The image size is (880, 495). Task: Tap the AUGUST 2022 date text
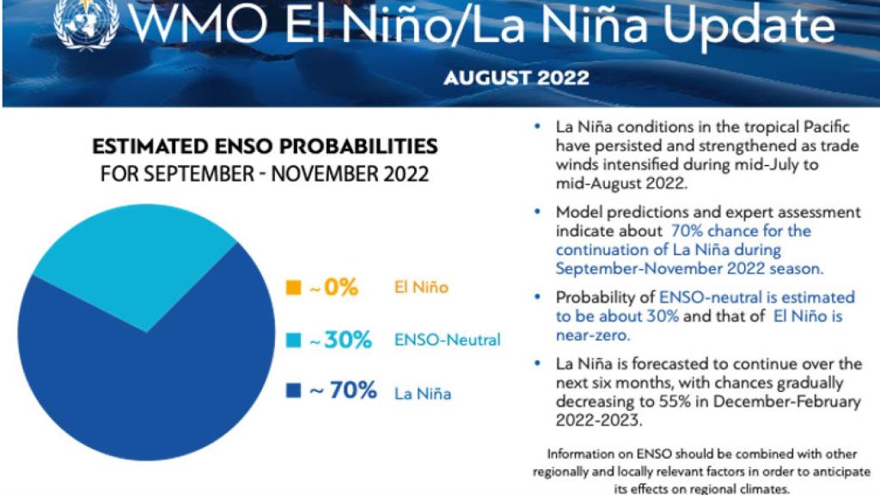516,78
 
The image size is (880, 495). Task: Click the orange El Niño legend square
292,288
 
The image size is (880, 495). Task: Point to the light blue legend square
292,340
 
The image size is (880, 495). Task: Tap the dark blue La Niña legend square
292,392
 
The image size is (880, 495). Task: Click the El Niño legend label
421,288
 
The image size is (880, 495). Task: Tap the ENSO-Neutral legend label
447,340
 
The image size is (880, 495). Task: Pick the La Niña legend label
423,394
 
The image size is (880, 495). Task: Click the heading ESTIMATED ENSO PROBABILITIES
265,145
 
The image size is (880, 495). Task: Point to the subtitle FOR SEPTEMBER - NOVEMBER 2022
265,174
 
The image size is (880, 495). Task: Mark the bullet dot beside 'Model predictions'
538,212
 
